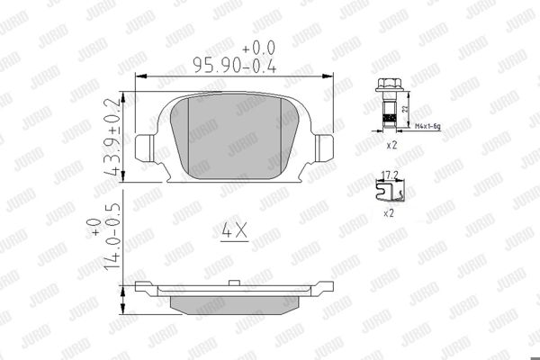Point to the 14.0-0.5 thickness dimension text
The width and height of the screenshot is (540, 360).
click(112, 239)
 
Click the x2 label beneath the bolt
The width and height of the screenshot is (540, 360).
click(391, 144)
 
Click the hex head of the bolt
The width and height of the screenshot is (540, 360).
click(386, 88)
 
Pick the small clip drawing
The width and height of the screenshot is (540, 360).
click(391, 188)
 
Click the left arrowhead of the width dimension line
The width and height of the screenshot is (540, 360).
click(138, 76)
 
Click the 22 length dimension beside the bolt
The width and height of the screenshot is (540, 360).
click(407, 108)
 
